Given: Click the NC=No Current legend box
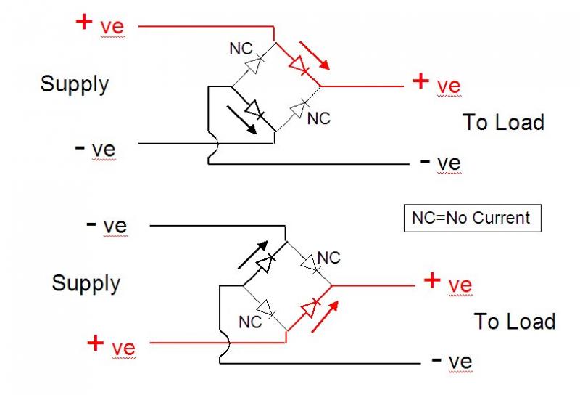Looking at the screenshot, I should click(472, 217).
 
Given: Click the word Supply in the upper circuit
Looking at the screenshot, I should click(74, 84).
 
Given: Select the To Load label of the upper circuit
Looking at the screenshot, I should click(503, 122).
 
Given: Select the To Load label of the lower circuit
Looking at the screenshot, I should click(515, 321).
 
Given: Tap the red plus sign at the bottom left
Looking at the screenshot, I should click(96, 343).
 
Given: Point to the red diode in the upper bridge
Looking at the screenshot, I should click(298, 65).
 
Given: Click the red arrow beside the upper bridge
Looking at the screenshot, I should click(317, 54).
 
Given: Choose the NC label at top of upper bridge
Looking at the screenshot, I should click(241, 50).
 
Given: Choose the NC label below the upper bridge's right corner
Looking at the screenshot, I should click(319, 118).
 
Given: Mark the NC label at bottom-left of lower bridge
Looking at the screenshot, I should click(251, 320).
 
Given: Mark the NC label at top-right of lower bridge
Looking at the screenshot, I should click(328, 258).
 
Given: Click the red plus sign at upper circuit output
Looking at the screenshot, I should click(420, 80).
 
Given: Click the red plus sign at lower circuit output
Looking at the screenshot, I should click(432, 280).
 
